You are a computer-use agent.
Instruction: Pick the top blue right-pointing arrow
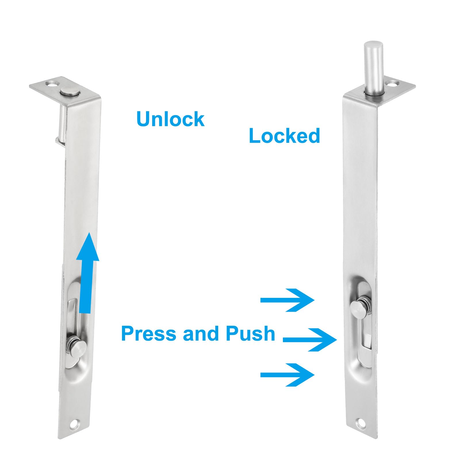click(x=287, y=300)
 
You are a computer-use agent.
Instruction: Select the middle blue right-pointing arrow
click(x=310, y=340)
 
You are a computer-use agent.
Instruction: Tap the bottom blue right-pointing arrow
click(x=287, y=375)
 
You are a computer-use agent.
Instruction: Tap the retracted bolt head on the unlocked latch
click(x=70, y=92)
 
